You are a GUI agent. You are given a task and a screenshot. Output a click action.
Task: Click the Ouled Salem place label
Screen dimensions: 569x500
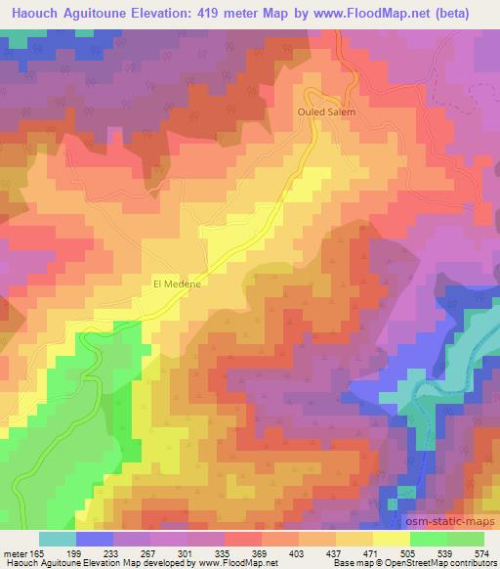pyautogui.click(x=326, y=112)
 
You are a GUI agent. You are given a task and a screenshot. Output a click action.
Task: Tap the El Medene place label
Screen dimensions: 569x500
pyautogui.click(x=177, y=284)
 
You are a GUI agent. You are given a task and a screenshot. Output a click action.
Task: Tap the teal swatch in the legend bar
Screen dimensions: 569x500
pyautogui.click(x=57, y=540)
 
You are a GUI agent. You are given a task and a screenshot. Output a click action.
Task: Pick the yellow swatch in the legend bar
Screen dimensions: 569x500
pyautogui.click(x=391, y=540)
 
